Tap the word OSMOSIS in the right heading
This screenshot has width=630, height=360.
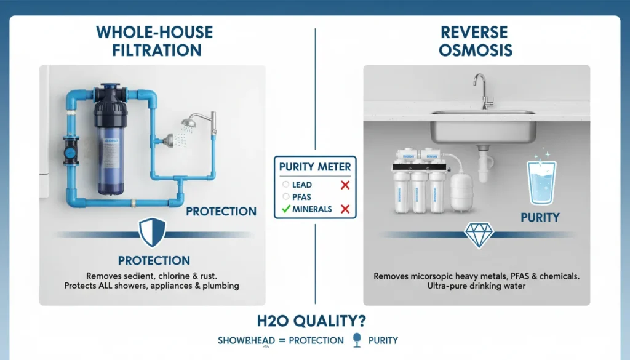(476, 50)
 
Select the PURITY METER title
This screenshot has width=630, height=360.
(314, 166)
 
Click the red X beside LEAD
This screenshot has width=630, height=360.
(345, 185)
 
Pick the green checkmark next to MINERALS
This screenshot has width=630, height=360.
(286, 209)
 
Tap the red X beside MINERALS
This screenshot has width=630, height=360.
(345, 209)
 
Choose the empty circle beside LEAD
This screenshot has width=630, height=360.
(285, 185)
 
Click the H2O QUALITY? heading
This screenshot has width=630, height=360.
(314, 321)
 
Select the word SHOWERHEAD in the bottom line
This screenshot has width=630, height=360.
(243, 340)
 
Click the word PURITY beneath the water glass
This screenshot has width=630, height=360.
(540, 217)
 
